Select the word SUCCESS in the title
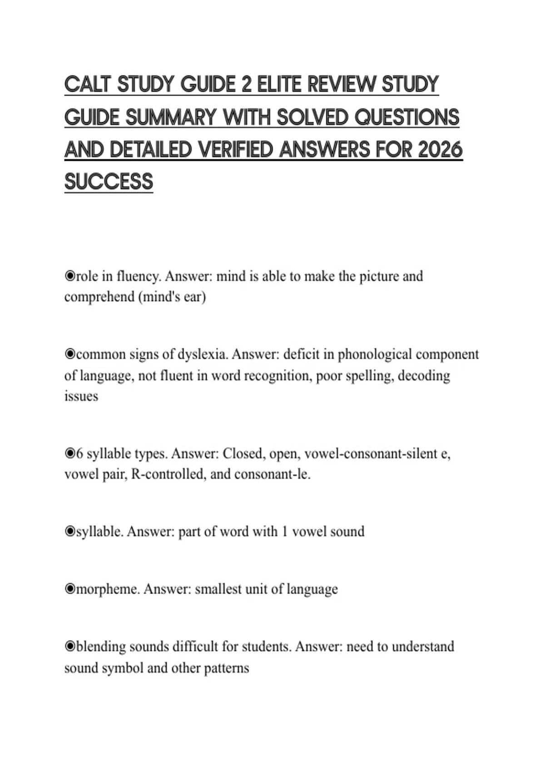click(109, 182)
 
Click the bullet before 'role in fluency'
click(69, 276)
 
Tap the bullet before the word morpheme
click(69, 589)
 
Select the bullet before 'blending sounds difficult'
click(69, 647)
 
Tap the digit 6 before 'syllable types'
click(79, 454)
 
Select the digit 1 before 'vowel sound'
click(284, 532)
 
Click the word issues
click(81, 396)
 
